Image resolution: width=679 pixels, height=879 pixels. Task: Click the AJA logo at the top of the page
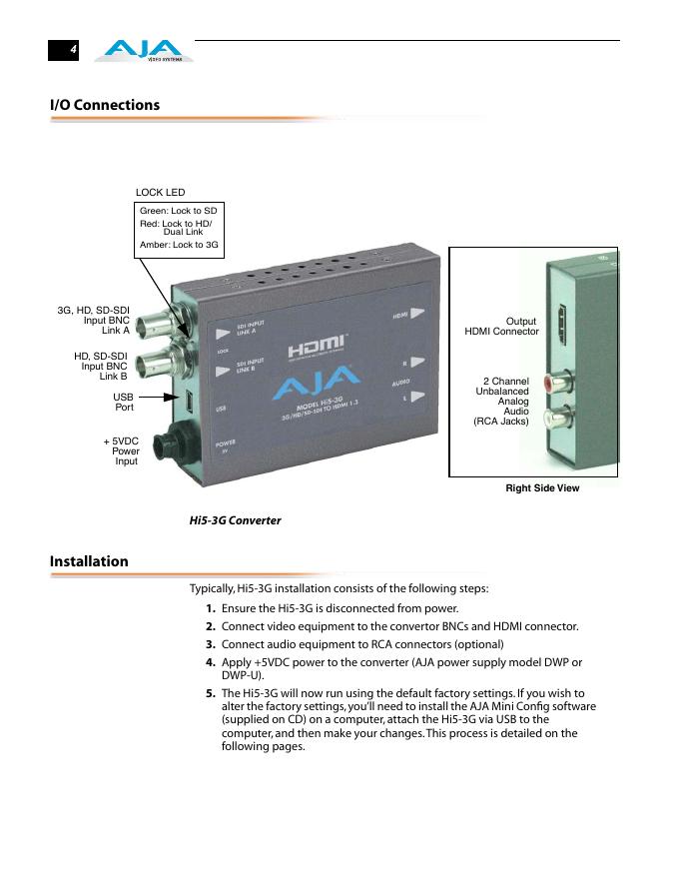coord(144,50)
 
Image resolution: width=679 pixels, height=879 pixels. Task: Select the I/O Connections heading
coord(105,105)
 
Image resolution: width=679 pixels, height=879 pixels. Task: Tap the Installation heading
coord(89,561)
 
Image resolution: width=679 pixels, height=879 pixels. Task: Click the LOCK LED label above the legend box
coord(160,193)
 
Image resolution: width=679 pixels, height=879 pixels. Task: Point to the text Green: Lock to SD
coord(178,212)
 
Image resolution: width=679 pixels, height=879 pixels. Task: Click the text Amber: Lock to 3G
coord(179,245)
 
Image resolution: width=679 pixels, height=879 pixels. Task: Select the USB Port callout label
coord(124,402)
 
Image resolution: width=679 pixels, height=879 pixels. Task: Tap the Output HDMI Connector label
coord(502,327)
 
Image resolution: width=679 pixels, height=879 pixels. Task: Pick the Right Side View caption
coord(542,488)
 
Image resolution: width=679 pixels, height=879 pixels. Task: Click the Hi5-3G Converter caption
coord(235,520)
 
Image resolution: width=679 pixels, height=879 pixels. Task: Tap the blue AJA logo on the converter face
coord(316,383)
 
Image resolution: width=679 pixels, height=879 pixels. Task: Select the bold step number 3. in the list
coord(211,644)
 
